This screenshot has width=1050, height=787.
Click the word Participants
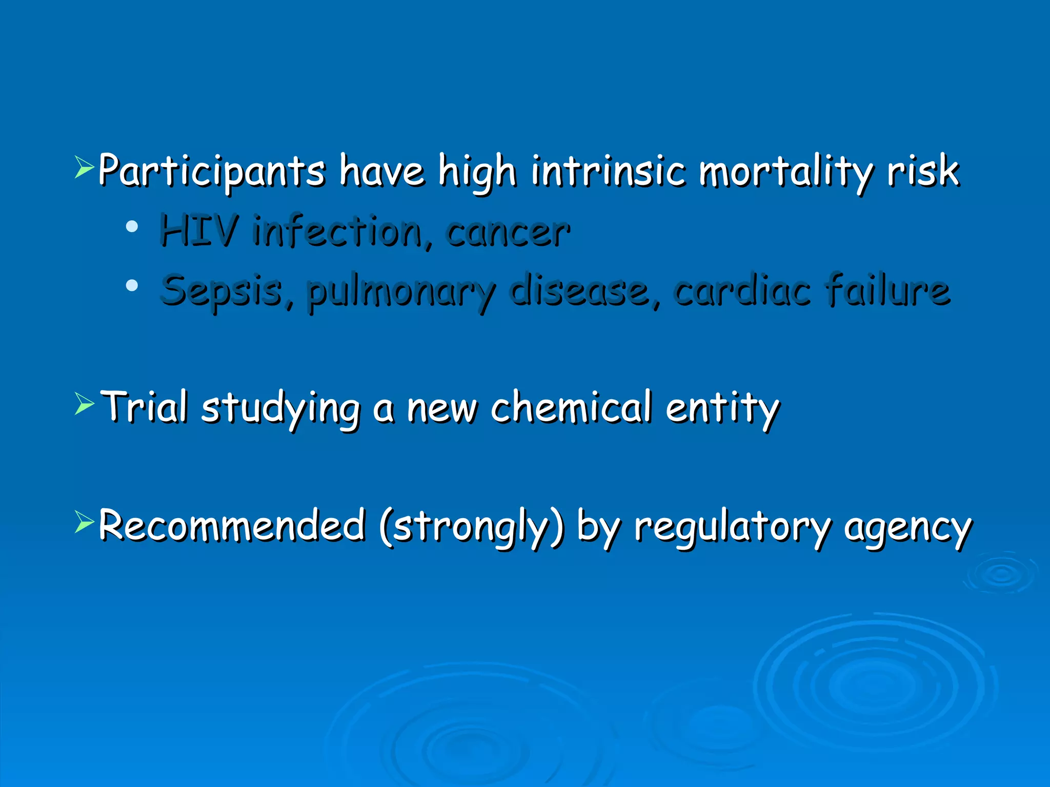pyautogui.click(x=211, y=172)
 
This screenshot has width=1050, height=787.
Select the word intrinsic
pyautogui.click(x=608, y=172)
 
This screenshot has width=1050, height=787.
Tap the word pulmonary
pyautogui.click(x=401, y=292)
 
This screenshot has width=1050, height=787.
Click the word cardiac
pyautogui.click(x=742, y=290)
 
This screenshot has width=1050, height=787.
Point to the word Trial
pyautogui.click(x=145, y=407)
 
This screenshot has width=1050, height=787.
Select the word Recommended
pyautogui.click(x=232, y=526)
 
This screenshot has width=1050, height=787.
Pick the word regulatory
pyautogui.click(x=733, y=528)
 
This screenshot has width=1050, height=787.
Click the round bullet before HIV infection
pyautogui.click(x=132, y=226)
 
